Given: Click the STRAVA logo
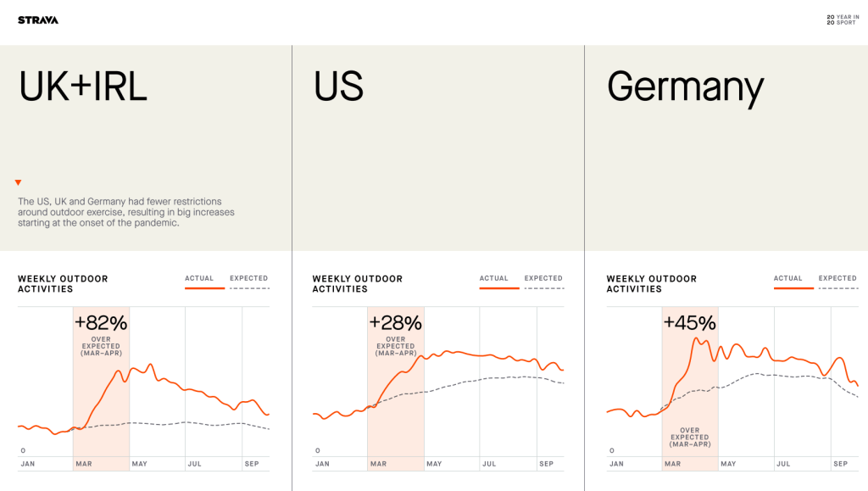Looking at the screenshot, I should [x=38, y=20].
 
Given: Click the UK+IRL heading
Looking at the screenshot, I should [x=83, y=86].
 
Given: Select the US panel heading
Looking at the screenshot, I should [x=338, y=86].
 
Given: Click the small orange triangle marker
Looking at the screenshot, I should [x=18, y=182].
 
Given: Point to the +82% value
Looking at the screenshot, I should [x=101, y=322].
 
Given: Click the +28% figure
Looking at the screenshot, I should [x=395, y=322].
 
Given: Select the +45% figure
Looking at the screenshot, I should [x=689, y=323].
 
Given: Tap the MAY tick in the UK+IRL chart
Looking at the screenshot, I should [x=139, y=464].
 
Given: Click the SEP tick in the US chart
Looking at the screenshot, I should [x=546, y=464].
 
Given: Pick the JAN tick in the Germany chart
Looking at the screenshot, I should [x=616, y=464].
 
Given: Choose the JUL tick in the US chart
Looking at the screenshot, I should [x=489, y=464].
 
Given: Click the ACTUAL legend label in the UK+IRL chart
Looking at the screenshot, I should [x=199, y=278].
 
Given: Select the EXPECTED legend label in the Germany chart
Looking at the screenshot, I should [x=837, y=278].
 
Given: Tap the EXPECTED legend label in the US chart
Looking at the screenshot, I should [x=543, y=278].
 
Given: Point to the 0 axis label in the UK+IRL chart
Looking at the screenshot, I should [x=23, y=450].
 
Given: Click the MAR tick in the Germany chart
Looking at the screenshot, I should [x=672, y=464].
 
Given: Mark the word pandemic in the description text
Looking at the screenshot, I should [x=154, y=223].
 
